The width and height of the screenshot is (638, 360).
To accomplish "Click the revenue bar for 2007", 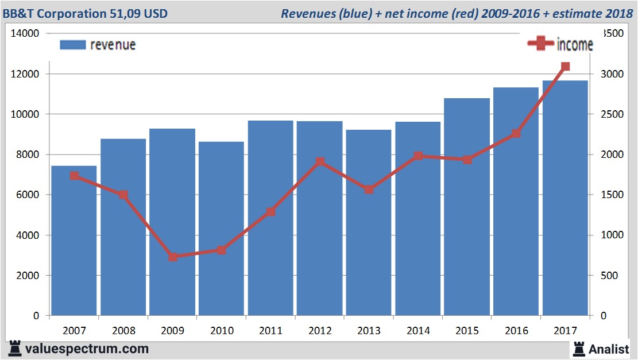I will (x=75, y=241).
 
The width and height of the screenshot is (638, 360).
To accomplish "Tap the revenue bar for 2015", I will (x=467, y=207).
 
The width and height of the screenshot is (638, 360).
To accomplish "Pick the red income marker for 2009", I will (x=173, y=257).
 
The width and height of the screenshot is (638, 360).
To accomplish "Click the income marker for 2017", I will (x=565, y=67).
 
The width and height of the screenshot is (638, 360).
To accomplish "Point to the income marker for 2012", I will (x=320, y=162).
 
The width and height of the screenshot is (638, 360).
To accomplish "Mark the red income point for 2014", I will (x=418, y=156).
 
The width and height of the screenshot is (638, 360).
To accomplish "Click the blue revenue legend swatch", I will (x=72, y=45).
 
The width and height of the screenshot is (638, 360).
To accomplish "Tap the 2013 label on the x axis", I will (x=369, y=331).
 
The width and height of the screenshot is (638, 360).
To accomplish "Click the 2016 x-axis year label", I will (x=516, y=331).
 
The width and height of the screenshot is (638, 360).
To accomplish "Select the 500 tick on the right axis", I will (x=609, y=276).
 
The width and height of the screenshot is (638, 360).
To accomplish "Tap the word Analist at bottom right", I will (x=610, y=349).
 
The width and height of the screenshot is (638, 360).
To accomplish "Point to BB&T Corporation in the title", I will (x=54, y=13).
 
